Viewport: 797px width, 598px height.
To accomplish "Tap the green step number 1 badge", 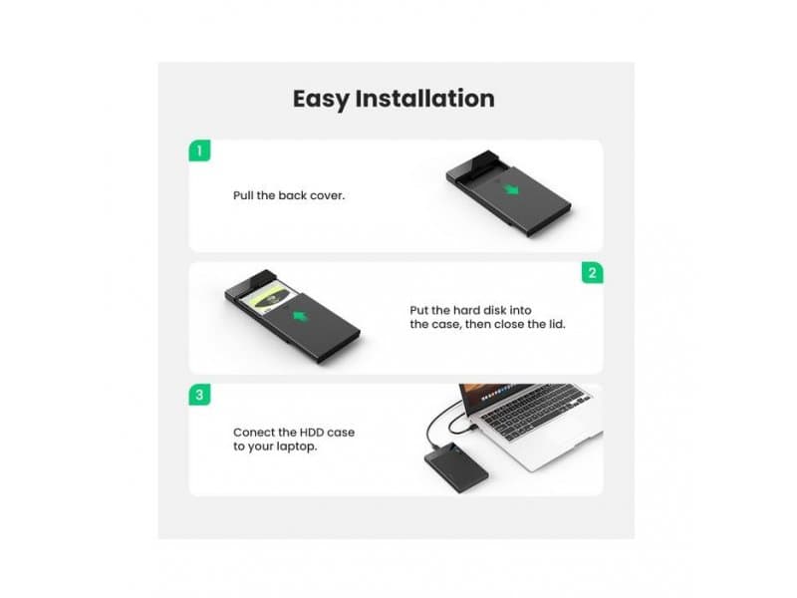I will point(200,151).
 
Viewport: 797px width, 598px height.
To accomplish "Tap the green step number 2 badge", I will point(592,273).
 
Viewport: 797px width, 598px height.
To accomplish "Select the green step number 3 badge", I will point(200,395).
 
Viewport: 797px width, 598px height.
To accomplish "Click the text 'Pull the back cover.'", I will point(289,195).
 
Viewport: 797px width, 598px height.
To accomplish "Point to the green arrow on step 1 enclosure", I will point(511,190).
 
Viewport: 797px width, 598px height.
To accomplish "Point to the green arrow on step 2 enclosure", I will point(299,316).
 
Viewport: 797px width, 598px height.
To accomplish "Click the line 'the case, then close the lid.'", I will point(487,325).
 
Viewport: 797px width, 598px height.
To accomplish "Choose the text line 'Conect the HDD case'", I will point(294,433).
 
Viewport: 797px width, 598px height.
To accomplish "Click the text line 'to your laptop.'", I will point(275,448).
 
